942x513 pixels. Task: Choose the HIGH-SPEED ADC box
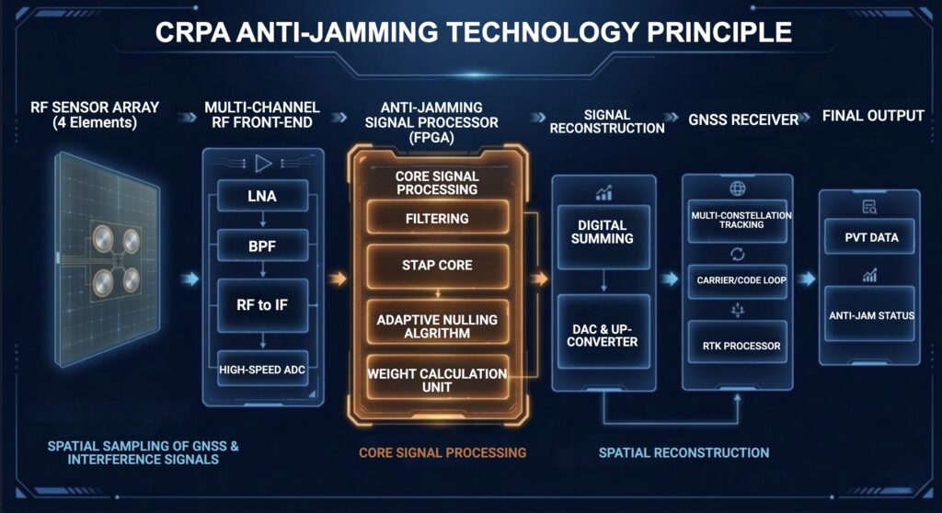tap(263, 370)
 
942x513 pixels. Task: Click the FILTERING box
tap(437, 219)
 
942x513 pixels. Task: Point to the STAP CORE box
tap(437, 265)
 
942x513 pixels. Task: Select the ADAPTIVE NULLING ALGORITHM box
tap(437, 325)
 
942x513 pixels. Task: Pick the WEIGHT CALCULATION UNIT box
tap(437, 380)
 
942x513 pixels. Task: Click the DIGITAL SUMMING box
tap(603, 231)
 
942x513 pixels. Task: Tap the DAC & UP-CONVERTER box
tap(603, 335)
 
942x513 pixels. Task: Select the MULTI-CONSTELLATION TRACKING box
tap(736, 220)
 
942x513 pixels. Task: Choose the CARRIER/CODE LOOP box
tap(736, 280)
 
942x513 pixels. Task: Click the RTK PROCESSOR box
tap(736, 346)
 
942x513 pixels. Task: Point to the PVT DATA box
tap(869, 237)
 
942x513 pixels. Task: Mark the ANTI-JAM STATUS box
tap(869, 315)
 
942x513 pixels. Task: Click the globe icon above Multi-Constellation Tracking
tap(736, 188)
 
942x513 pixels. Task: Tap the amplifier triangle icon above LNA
tap(263, 164)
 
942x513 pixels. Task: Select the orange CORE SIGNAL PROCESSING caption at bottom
tap(442, 452)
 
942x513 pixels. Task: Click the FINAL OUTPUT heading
tap(873, 116)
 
